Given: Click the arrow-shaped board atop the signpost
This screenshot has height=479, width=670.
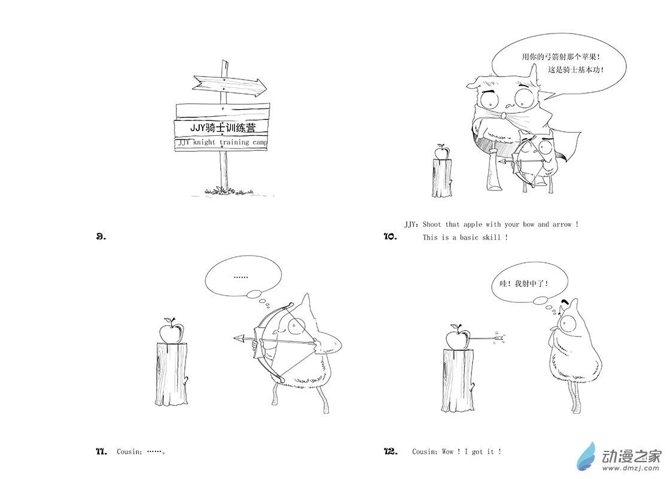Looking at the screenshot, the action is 229,84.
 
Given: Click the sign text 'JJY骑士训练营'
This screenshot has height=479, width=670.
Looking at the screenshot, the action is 223,128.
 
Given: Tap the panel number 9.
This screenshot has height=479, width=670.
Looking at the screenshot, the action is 101,236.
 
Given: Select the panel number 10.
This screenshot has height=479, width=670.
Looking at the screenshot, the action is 390,236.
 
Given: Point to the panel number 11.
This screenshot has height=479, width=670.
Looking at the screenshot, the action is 101,451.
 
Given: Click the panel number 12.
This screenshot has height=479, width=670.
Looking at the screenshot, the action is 391,451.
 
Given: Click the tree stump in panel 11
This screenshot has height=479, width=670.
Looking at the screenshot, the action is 171,374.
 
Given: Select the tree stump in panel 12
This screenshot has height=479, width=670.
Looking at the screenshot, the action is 458,380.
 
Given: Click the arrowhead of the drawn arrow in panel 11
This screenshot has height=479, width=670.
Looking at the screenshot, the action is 239,339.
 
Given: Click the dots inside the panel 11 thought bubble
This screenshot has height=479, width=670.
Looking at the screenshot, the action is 241,277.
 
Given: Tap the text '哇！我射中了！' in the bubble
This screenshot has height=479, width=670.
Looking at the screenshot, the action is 523,283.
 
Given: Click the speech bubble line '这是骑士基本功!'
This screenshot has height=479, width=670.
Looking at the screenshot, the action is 575,70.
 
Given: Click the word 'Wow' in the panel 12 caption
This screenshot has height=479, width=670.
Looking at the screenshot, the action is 448,451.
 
